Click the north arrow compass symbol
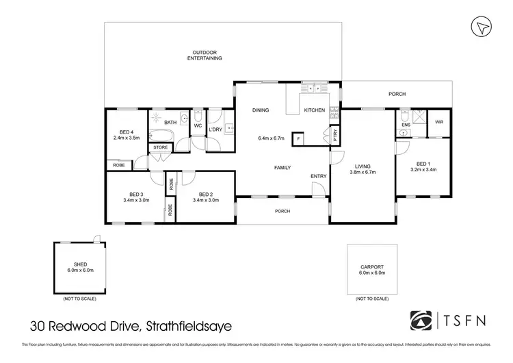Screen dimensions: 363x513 pos(482,26)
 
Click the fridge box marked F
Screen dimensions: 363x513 pos(298,139)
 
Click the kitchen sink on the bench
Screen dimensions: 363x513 pos(315,88)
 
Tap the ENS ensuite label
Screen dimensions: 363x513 pos(405,125)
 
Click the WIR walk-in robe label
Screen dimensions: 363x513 pos(438,123)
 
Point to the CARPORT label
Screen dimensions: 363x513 pos(372,267)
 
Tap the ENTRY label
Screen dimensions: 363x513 pos(319,176)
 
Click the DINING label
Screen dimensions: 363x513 pos(260,110)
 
